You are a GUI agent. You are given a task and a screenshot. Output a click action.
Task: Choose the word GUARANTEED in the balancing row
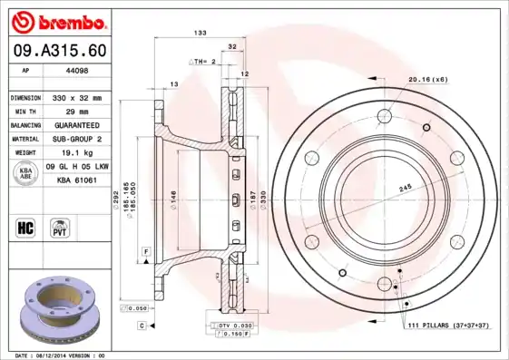76,124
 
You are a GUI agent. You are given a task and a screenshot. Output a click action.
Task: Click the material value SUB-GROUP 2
76,139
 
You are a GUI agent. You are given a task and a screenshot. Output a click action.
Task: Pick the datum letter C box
142,325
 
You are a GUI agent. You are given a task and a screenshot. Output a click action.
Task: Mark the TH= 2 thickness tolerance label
203,61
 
